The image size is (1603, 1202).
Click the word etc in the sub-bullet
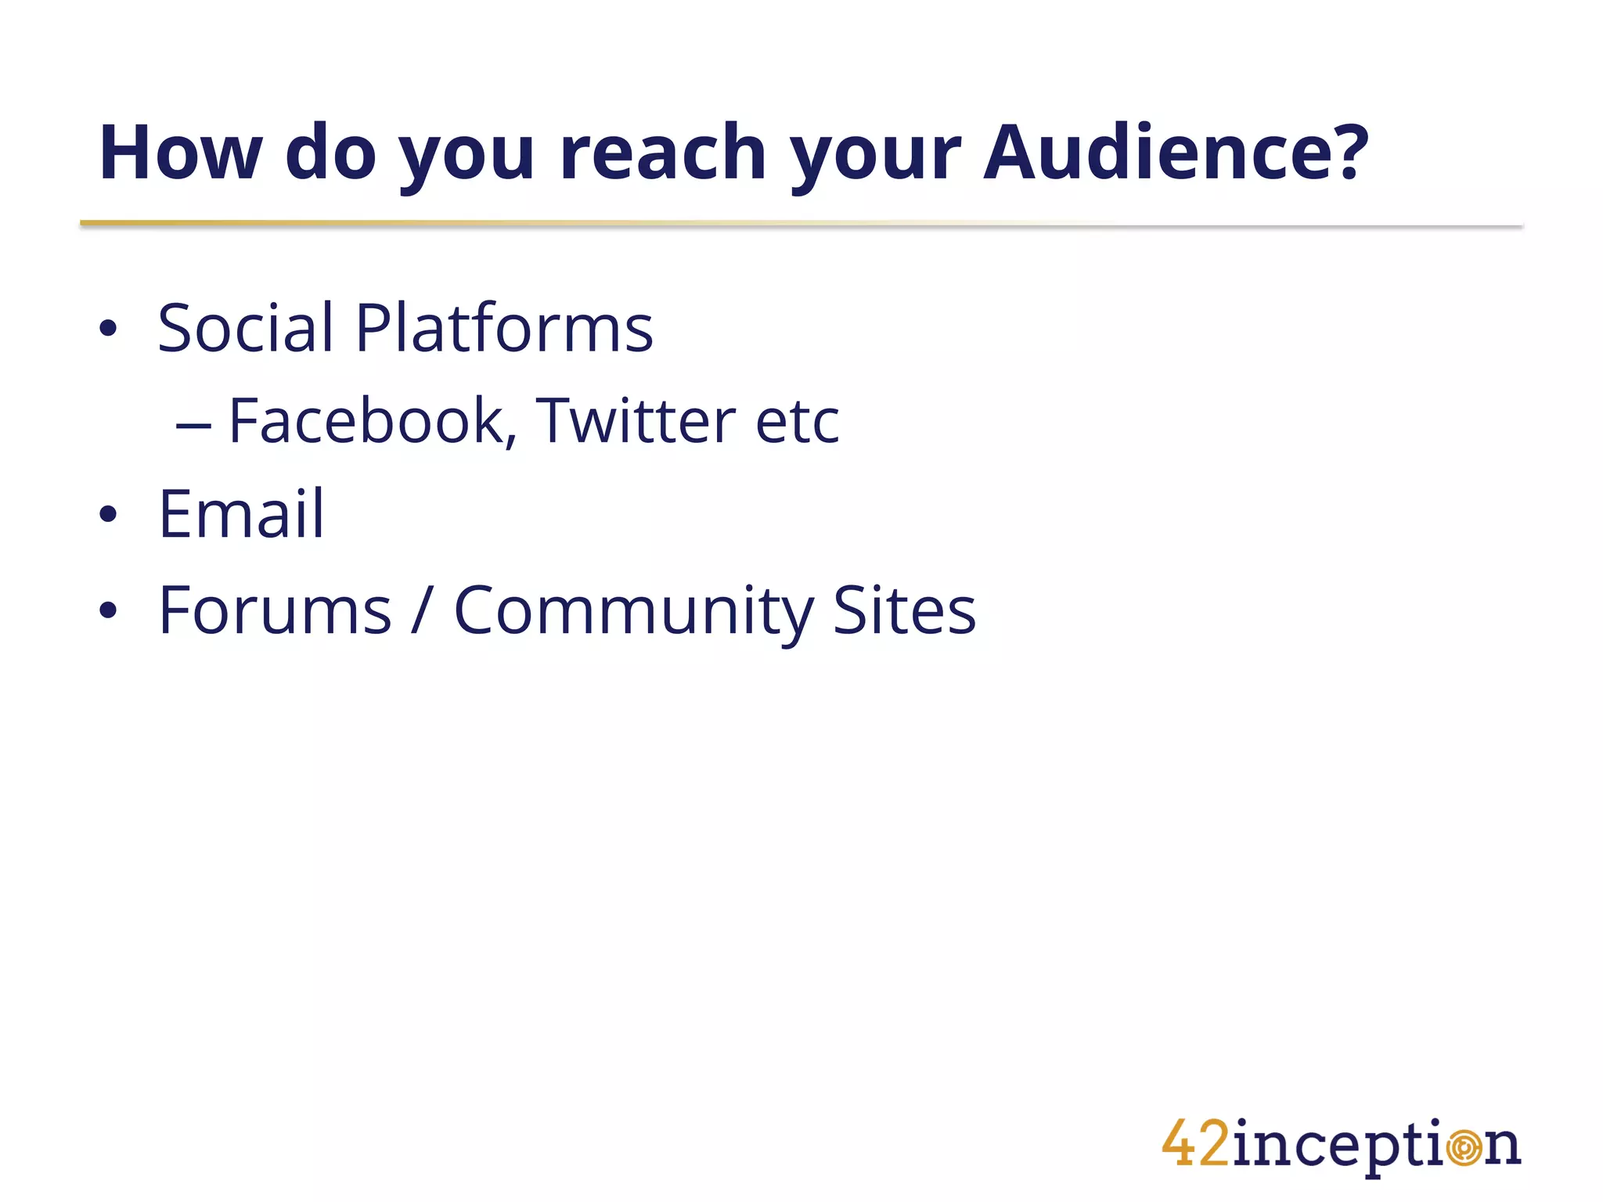tap(797, 423)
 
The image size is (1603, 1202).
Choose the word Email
tap(241, 514)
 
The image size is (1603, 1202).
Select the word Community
tap(634, 612)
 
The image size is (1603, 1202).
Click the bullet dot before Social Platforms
tap(108, 329)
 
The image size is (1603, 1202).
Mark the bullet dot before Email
tap(108, 515)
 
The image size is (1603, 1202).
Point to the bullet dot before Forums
tap(108, 611)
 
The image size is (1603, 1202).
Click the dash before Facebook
tap(193, 426)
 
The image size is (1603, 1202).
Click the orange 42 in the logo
tap(1196, 1144)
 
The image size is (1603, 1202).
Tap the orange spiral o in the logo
tap(1464, 1148)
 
